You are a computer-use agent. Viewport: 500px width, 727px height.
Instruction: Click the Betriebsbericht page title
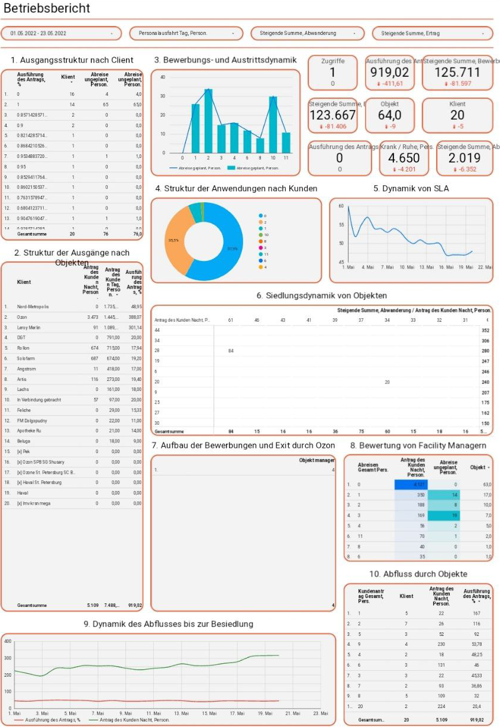(47, 9)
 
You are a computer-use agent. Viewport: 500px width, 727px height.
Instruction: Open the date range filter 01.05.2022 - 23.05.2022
(62, 34)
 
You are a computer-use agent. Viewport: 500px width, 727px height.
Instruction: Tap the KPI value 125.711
(457, 73)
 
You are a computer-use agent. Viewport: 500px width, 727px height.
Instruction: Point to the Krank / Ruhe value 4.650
(404, 158)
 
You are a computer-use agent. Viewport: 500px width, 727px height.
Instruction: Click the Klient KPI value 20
(457, 115)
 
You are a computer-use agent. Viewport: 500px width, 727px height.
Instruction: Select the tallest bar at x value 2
(208, 121)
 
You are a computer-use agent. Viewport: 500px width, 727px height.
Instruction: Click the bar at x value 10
(273, 124)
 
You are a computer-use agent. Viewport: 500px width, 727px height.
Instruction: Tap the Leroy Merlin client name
(30, 328)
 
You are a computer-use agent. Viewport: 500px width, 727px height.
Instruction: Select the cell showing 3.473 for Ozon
(90, 318)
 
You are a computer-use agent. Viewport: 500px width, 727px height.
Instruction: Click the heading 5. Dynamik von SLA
(411, 189)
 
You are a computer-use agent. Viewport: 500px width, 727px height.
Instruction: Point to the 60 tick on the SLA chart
(341, 206)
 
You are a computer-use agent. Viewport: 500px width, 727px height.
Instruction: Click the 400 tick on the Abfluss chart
(7, 641)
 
